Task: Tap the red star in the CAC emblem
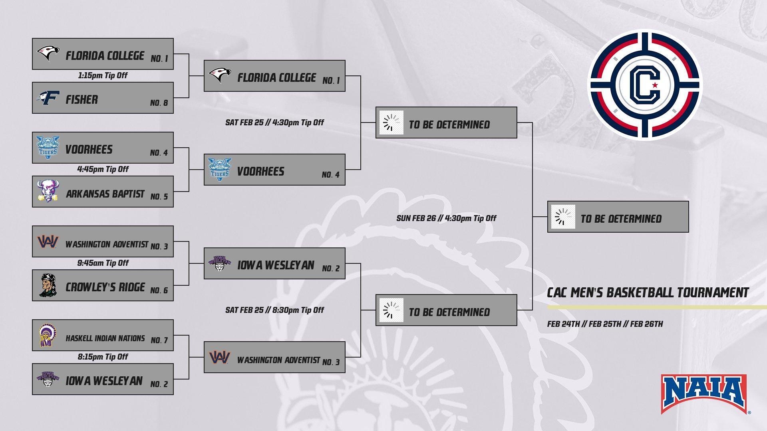655,85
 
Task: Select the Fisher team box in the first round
103,98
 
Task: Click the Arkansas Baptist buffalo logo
48,191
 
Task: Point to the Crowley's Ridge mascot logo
48,285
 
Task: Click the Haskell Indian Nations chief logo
48,336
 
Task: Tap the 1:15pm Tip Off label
103,75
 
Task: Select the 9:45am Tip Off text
103,263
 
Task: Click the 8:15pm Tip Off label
103,357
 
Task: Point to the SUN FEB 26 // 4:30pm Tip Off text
446,218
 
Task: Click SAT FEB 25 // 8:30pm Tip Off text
274,310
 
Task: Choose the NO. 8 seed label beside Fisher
159,103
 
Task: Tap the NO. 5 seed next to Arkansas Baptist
159,197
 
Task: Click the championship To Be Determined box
618,217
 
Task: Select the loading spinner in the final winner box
563,217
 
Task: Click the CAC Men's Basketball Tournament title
648,293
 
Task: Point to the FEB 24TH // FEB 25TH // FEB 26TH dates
605,324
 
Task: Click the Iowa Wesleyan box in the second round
274,263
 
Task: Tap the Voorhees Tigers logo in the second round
219,170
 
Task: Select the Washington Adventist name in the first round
107,244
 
